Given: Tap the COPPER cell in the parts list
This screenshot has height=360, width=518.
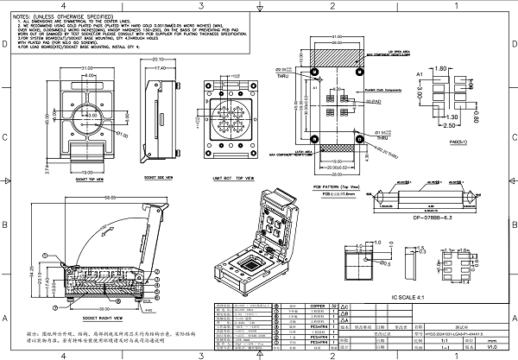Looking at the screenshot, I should [294, 306].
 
